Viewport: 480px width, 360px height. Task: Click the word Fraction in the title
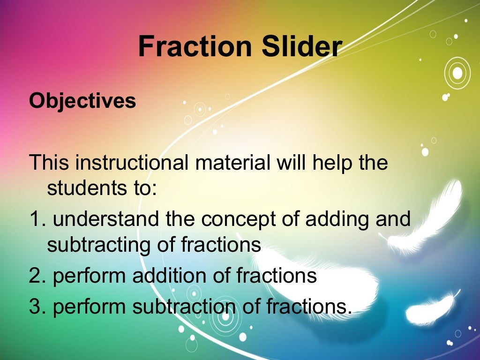(x=189, y=47)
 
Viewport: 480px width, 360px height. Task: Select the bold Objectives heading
(x=82, y=101)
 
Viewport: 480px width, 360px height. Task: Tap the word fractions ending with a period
(x=309, y=306)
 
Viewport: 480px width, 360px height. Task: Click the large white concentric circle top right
(x=457, y=73)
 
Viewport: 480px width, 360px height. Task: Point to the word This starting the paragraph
(x=50, y=163)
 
